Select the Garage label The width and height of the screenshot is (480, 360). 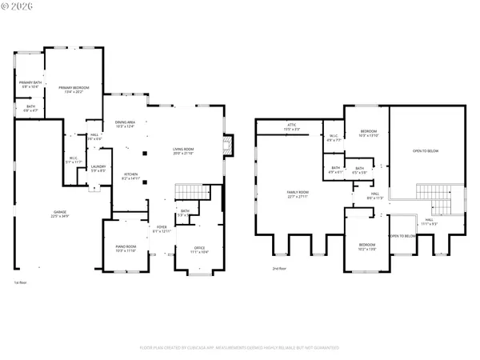[x=59, y=214]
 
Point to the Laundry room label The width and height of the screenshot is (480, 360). [x=98, y=169]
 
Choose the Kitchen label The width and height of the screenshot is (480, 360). [x=130, y=176]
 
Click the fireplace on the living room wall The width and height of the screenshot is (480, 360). [x=228, y=145]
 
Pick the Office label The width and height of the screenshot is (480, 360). [x=199, y=250]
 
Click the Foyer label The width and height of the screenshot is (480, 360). [x=162, y=230]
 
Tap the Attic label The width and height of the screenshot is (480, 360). [x=292, y=126]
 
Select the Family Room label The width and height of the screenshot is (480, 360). [x=298, y=194]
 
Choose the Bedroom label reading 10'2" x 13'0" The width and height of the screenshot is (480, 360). [x=366, y=246]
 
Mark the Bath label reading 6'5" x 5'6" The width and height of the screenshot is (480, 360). [x=360, y=170]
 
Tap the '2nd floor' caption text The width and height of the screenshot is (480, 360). [x=278, y=268]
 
